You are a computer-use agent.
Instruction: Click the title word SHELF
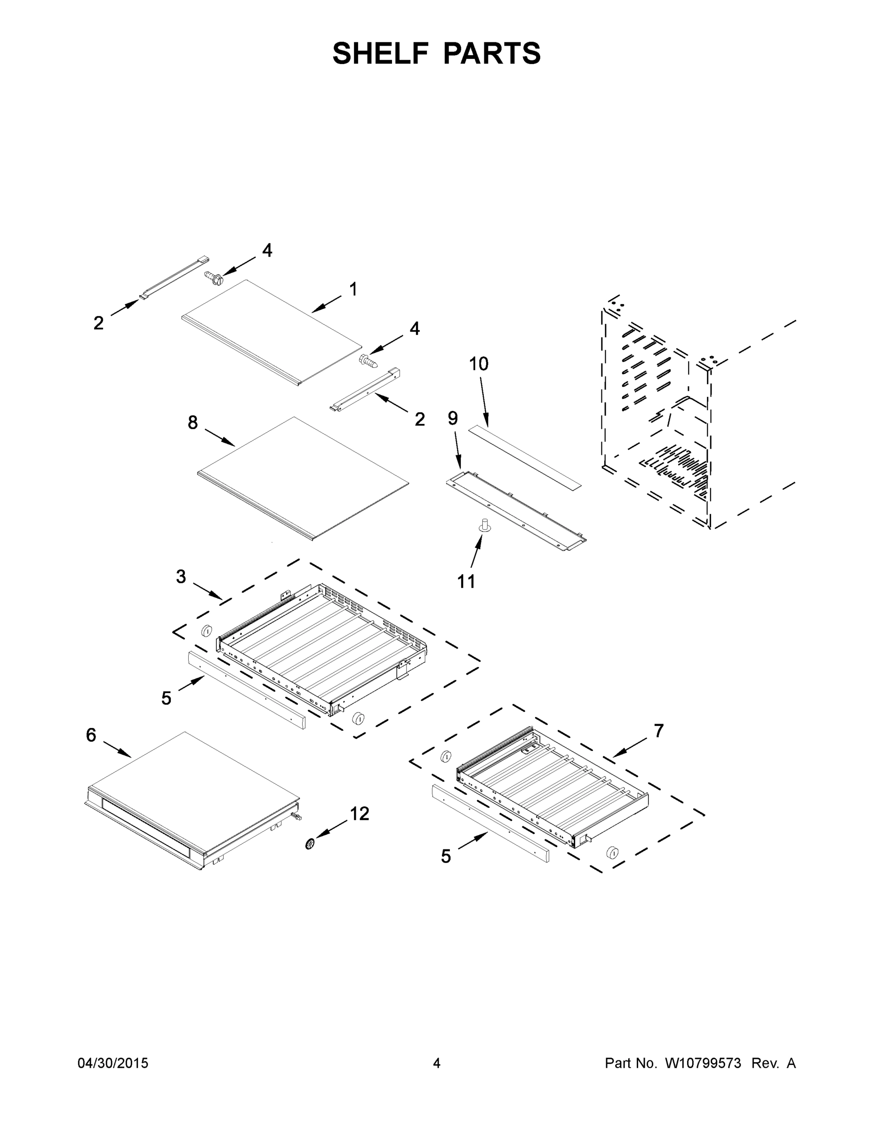click(x=380, y=53)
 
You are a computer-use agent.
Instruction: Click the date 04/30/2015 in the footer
click(x=113, y=1063)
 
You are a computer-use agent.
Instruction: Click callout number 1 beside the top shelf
click(x=353, y=290)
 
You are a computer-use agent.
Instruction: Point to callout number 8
click(x=192, y=423)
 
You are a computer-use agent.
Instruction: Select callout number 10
click(x=479, y=364)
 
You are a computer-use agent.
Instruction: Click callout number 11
click(x=466, y=581)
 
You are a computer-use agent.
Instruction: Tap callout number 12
click(x=360, y=814)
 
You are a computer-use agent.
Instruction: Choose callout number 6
click(x=91, y=734)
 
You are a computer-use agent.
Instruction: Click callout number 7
click(x=658, y=731)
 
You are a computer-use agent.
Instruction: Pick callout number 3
click(x=181, y=576)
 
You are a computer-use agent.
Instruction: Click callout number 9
click(x=453, y=418)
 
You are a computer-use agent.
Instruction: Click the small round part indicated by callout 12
click(x=310, y=845)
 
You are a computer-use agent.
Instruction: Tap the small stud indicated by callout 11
click(x=486, y=525)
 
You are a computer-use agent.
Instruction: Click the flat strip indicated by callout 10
click(x=524, y=457)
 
